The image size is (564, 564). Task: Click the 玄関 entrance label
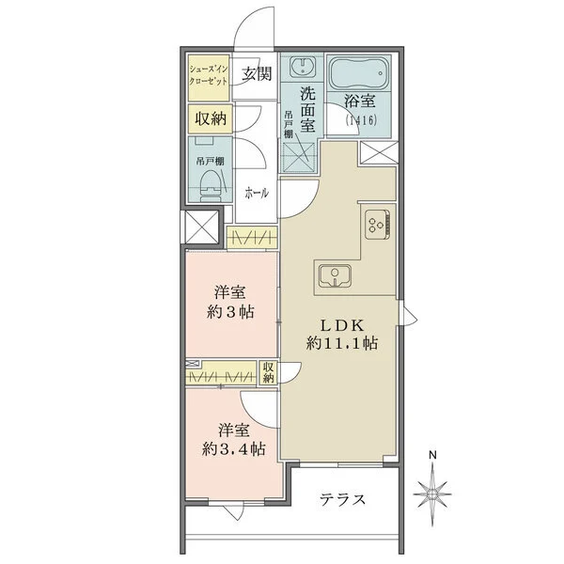tap(256, 73)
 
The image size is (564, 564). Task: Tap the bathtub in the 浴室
tap(360, 72)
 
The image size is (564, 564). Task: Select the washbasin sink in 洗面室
tap(302, 67)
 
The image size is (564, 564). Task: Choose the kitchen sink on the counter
tap(335, 275)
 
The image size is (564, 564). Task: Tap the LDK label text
tap(342, 326)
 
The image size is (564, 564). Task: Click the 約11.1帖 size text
tap(342, 343)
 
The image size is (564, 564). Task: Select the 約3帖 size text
tap(230, 312)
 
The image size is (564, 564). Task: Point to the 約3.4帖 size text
tap(233, 448)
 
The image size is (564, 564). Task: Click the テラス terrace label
tap(342, 500)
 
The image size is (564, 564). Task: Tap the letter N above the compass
tap(432, 455)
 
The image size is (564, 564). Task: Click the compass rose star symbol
tap(432, 494)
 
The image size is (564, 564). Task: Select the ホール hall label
tap(257, 193)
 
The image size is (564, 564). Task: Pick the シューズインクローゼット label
tap(209, 75)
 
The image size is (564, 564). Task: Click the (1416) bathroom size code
tap(361, 119)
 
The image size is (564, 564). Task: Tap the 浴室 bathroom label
tap(360, 102)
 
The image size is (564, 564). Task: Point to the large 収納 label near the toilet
tap(211, 118)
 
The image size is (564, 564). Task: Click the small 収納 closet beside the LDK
tap(268, 372)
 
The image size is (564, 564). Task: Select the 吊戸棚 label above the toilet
tap(210, 161)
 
